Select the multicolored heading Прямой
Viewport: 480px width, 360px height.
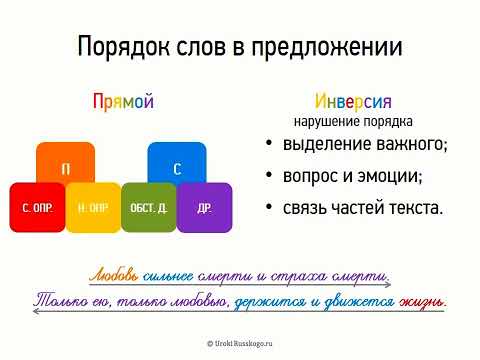[x=122, y=101]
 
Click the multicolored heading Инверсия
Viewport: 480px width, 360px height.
[x=353, y=101]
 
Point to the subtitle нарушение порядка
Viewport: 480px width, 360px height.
[x=353, y=122]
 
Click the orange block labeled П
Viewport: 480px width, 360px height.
[x=66, y=168]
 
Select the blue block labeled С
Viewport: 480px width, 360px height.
[x=177, y=168]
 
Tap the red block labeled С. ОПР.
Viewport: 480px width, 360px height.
[x=38, y=209]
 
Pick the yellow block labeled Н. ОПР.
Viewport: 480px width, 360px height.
[x=93, y=209]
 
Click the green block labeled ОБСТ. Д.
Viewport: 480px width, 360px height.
[x=149, y=209]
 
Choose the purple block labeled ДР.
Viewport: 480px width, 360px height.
[x=204, y=209]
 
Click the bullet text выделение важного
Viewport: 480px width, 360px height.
[x=366, y=146]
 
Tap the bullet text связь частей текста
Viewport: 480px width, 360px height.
[x=363, y=208]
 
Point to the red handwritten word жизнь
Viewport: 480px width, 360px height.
[x=426, y=300]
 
